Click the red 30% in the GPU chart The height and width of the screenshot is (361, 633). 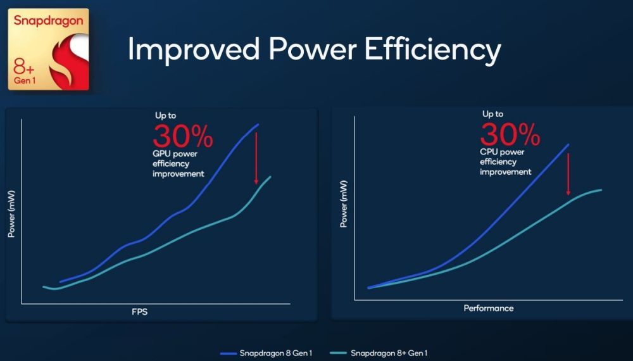[183, 136]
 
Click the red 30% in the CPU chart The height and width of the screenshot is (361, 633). [510, 134]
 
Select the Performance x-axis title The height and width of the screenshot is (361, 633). [489, 308]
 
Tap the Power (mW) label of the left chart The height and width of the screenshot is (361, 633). [11, 213]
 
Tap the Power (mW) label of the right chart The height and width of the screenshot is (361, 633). [343, 204]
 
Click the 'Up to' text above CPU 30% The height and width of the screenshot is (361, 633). [492, 114]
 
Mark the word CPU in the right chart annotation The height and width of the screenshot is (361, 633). [489, 151]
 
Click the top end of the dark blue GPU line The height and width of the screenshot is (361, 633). [258, 124]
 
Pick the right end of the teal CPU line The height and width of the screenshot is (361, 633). [600, 189]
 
